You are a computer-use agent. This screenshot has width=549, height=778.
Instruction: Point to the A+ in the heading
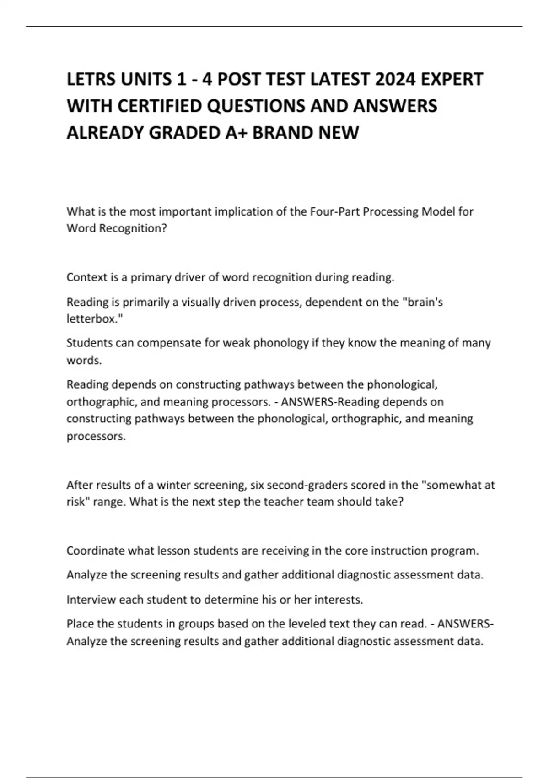point(237,133)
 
